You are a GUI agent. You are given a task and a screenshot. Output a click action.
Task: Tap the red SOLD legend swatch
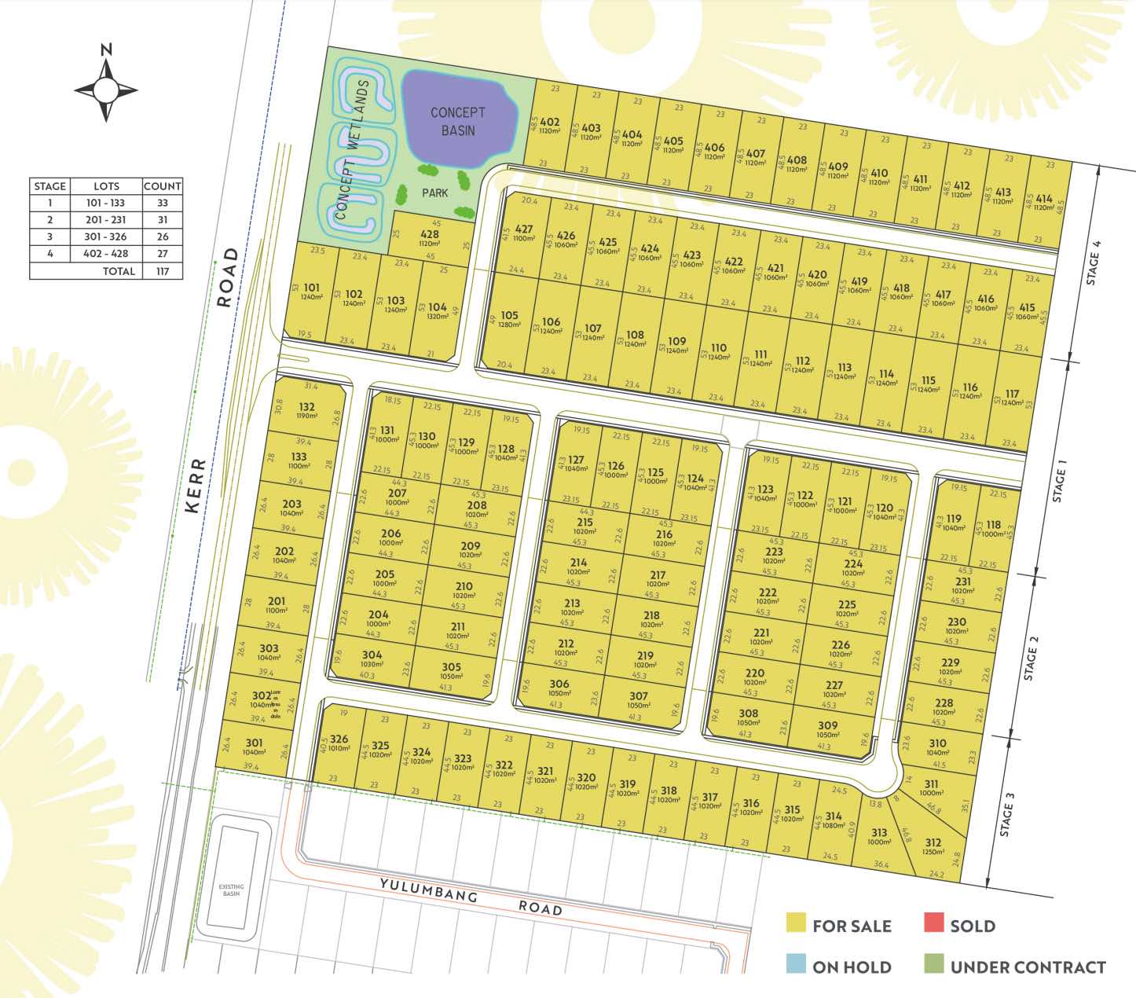coord(933,923)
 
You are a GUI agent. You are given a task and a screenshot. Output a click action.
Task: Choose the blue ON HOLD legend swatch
coord(796,964)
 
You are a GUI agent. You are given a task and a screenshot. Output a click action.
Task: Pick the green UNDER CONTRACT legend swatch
coord(933,964)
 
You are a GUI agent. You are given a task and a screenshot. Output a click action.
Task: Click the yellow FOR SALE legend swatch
coord(796,923)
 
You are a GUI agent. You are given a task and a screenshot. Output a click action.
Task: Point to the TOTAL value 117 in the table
coord(163,271)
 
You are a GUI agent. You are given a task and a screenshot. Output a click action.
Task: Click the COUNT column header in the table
coord(163,186)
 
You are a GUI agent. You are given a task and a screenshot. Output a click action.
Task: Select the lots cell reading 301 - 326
coord(106,237)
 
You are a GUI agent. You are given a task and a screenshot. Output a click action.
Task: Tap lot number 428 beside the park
coord(430,235)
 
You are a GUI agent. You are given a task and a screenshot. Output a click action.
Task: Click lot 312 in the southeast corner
coord(933,843)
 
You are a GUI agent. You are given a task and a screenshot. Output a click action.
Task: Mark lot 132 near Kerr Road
coord(306,408)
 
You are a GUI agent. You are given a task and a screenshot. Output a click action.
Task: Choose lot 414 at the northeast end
coord(1043,200)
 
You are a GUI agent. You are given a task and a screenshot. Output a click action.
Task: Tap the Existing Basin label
coord(231,890)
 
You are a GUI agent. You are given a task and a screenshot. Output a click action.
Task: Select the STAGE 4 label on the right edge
coord(1093,262)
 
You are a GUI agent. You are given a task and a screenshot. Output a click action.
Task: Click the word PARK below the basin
coord(434,193)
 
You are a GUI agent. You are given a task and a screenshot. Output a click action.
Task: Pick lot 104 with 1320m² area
coord(438,308)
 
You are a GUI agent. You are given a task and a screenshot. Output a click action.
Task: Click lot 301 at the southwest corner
coord(254,743)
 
